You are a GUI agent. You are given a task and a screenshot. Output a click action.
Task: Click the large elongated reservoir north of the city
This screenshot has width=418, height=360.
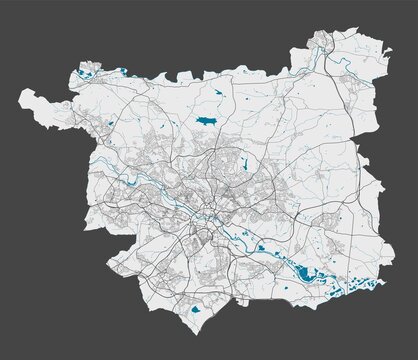coord(208,119)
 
